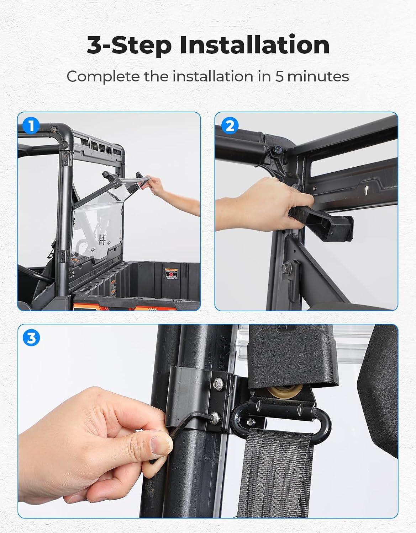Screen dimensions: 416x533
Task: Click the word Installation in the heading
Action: [x=255, y=45]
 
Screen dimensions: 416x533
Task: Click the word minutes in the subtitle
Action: [x=318, y=76]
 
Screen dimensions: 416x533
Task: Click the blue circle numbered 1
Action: [x=31, y=126]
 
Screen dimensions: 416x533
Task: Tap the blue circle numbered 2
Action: [x=230, y=126]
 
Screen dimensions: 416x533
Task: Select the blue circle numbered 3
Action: [x=31, y=338]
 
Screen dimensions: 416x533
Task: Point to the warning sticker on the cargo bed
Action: [x=171, y=274]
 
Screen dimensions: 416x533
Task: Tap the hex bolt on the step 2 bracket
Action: [x=286, y=269]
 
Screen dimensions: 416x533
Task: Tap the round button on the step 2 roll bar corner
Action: [x=279, y=149]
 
